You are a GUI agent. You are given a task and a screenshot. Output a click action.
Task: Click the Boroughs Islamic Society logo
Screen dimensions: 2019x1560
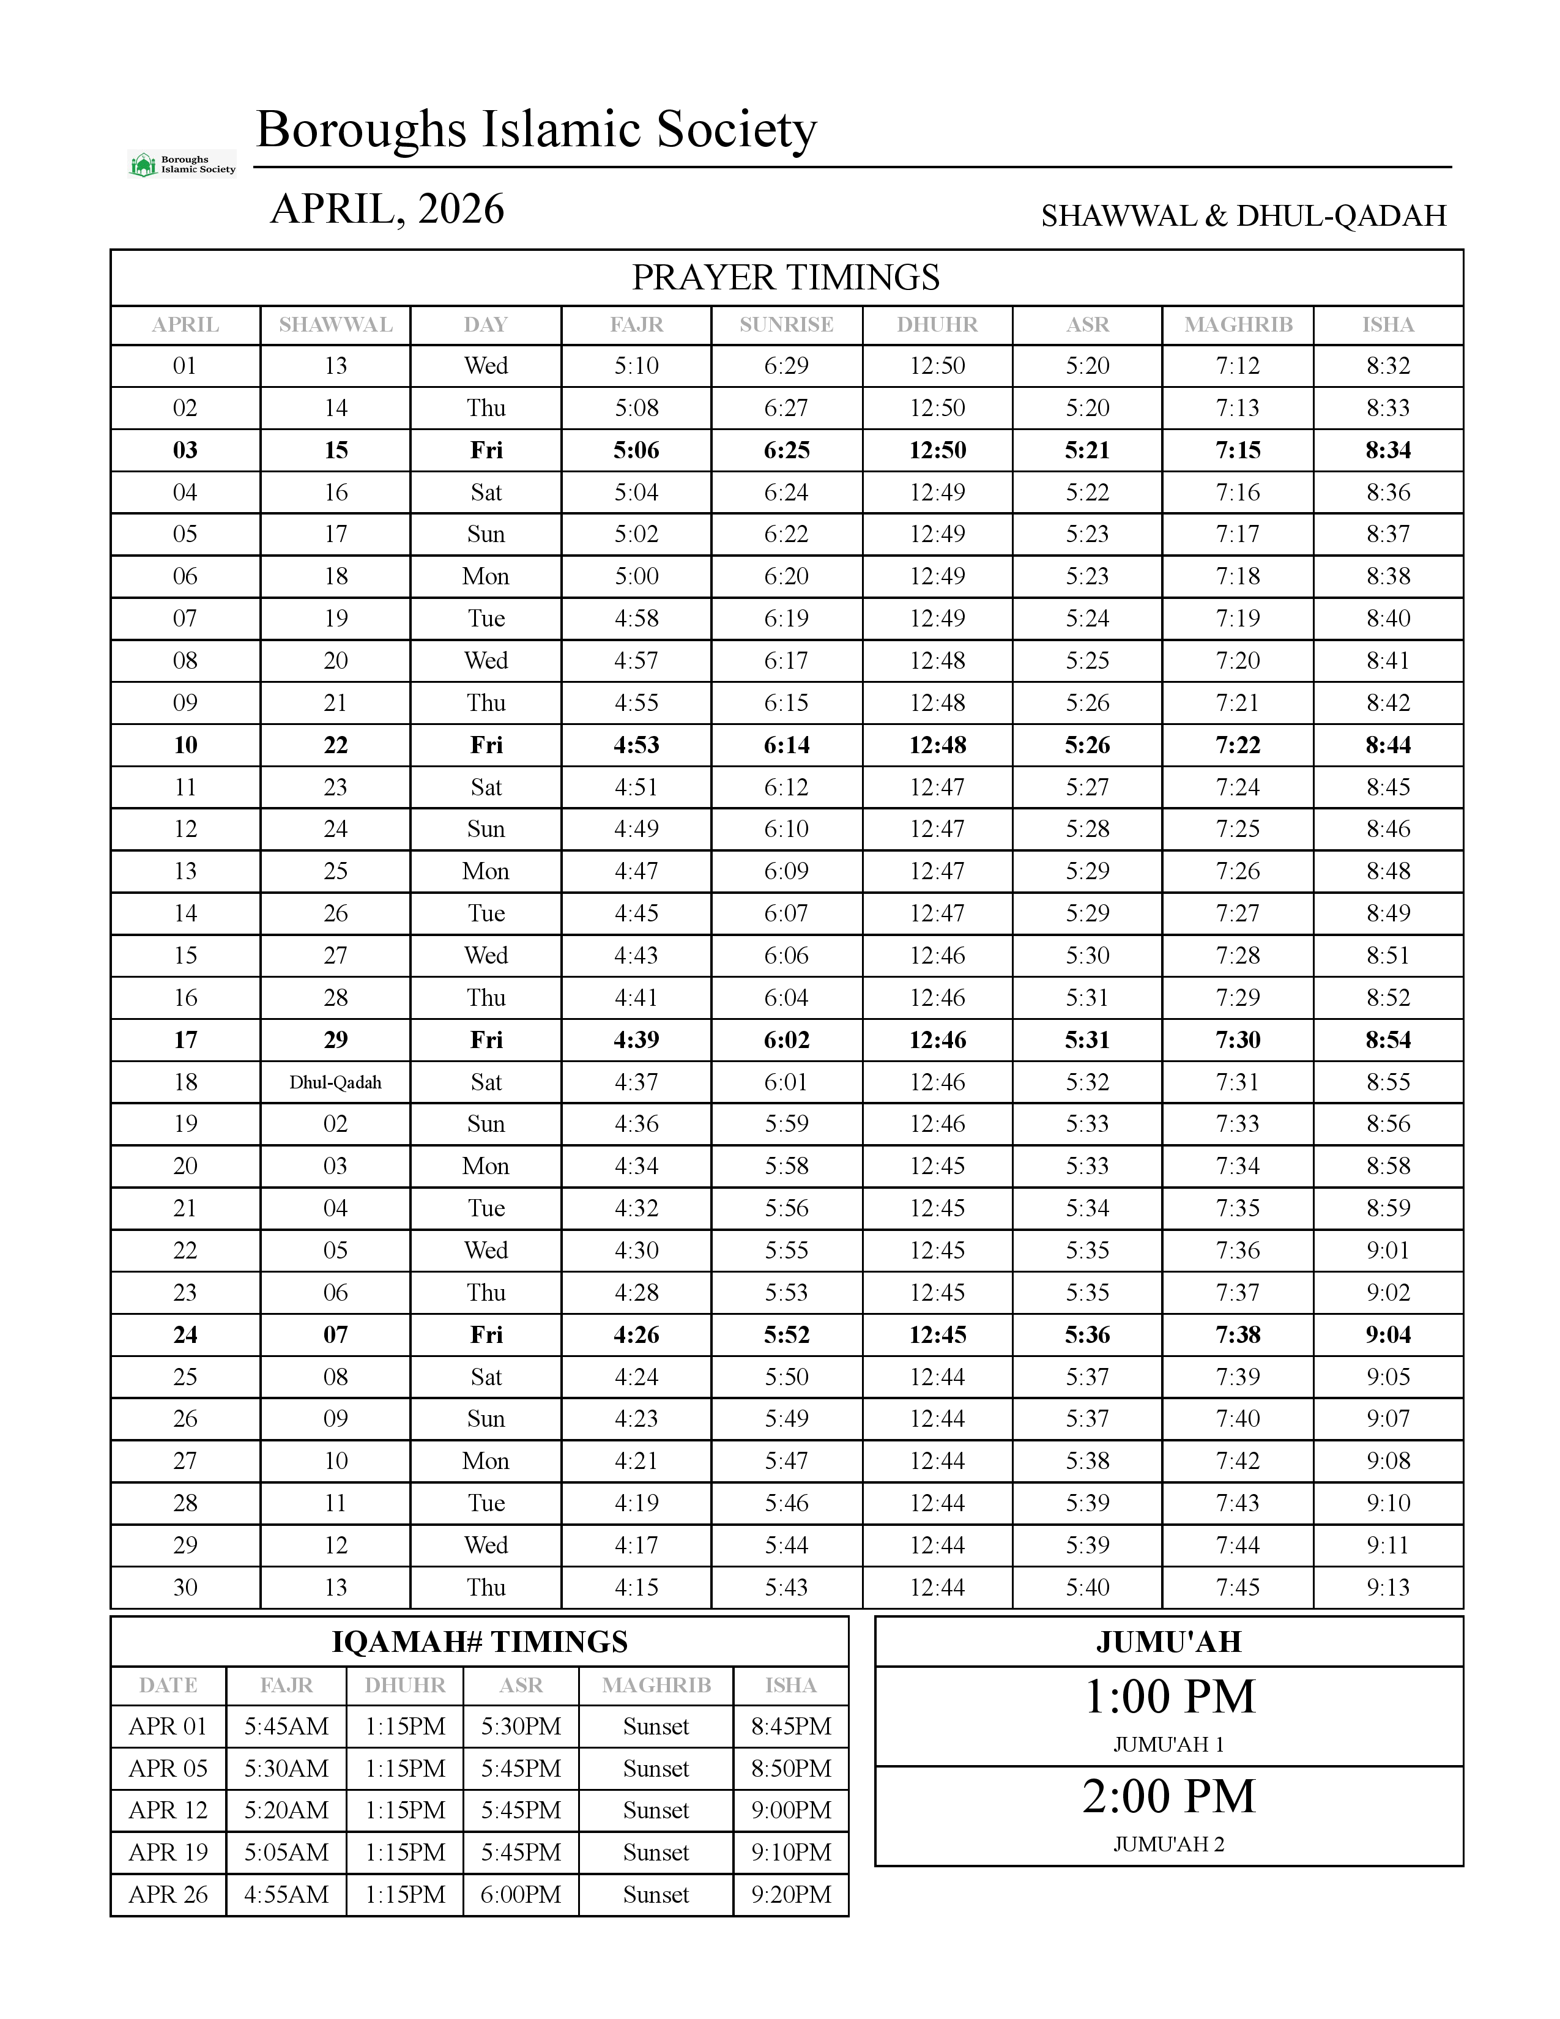[182, 165]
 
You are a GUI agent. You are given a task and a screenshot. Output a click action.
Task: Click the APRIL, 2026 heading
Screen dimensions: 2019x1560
[387, 209]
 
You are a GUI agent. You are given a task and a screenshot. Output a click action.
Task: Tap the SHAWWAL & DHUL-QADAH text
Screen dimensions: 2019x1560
[1243, 215]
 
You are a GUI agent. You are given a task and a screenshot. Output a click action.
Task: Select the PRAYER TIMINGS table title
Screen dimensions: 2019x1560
[786, 277]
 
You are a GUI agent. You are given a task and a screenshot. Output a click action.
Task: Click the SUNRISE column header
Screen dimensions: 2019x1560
[787, 324]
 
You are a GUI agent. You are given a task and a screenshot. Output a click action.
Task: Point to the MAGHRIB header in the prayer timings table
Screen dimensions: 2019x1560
[1238, 324]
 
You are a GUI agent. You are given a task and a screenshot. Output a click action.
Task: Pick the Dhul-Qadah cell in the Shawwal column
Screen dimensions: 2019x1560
[335, 1082]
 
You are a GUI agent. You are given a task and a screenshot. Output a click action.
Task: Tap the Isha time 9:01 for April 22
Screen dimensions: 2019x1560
[1388, 1251]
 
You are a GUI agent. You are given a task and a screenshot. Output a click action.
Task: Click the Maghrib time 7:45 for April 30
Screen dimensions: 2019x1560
[1238, 1587]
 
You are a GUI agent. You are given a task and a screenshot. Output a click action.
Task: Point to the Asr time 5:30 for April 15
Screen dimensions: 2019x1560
[1087, 956]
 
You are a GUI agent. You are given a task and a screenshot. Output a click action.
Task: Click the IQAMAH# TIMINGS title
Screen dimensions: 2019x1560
[480, 1642]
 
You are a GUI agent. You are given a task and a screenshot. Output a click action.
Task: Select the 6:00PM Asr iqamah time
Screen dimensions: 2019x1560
[521, 1894]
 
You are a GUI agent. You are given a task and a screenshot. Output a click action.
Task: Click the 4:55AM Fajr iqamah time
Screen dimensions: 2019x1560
[286, 1894]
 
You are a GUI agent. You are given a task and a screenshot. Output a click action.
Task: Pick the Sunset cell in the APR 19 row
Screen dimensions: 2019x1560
[656, 1853]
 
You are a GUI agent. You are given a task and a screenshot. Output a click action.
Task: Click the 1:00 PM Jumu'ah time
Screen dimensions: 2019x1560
[1169, 1697]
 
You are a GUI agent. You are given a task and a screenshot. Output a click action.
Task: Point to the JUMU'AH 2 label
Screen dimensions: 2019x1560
[1169, 1844]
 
